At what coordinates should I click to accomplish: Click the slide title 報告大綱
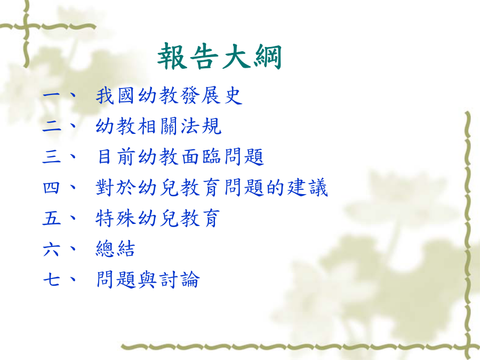coord(219,57)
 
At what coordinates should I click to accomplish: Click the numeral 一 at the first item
coord(52,95)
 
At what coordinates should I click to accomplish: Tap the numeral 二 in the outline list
coord(52,126)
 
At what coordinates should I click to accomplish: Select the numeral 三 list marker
coord(52,156)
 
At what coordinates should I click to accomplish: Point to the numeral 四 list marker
coord(51,187)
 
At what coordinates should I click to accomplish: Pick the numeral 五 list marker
coord(52,218)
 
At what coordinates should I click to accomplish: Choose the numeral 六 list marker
coord(51,249)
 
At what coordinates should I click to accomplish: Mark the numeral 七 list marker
coord(51,279)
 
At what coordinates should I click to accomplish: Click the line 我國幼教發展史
coord(169,95)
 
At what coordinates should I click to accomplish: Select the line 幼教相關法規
coord(158,126)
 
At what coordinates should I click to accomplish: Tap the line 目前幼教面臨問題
coord(180,157)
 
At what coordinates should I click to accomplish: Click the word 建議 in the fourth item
coord(308,187)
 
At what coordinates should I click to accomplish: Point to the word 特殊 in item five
coord(115,218)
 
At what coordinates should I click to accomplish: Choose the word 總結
coord(115,249)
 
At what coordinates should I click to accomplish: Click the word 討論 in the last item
coord(180,279)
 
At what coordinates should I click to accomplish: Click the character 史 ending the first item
coord(233,95)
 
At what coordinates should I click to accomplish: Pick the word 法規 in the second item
coord(201,126)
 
